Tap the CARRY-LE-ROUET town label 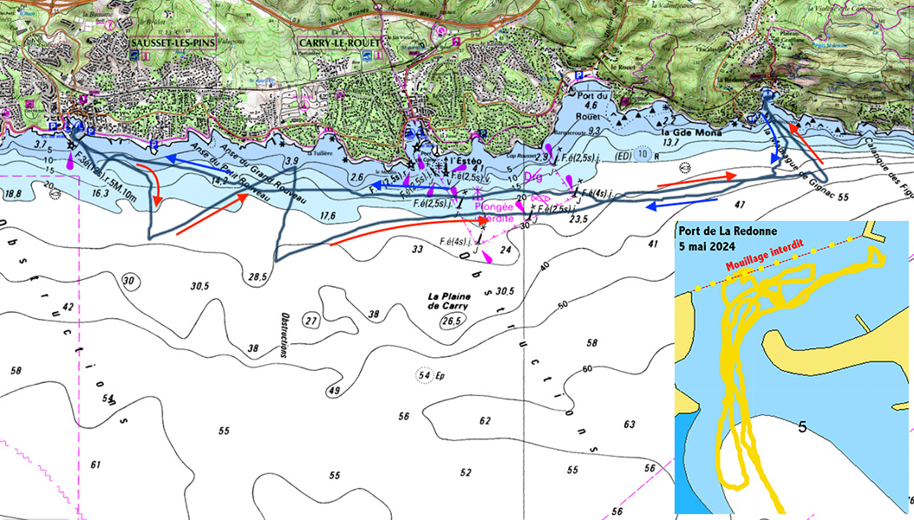tap(338, 42)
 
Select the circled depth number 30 tap(130, 281)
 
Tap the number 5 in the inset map tap(802, 427)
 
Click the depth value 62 tap(485, 420)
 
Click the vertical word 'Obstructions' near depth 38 tap(283, 336)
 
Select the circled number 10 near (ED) tap(641, 154)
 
